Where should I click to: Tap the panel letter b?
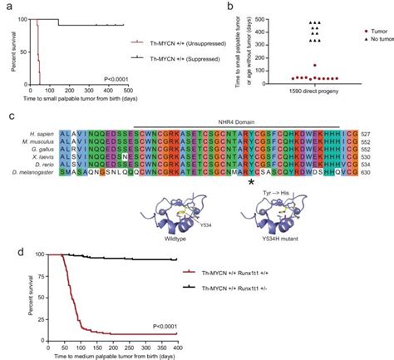point(229,7)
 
